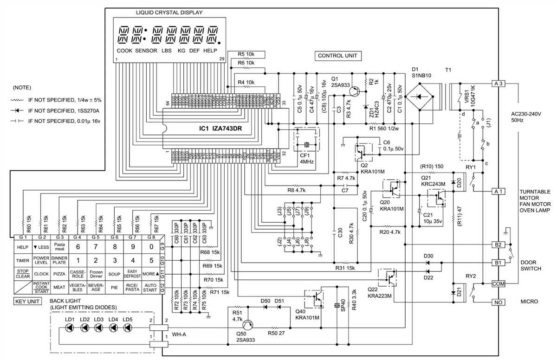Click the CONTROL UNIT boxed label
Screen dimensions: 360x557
tap(337, 56)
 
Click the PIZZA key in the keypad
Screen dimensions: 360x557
tap(59, 274)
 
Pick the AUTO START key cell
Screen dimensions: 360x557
tap(150, 288)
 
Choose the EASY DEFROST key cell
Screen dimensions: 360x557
tap(132, 274)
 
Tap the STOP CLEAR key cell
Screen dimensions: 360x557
tap(23, 274)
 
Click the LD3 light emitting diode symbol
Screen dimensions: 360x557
tap(98, 328)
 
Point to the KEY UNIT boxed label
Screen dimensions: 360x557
tap(26, 302)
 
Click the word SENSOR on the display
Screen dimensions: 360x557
tap(146, 50)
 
